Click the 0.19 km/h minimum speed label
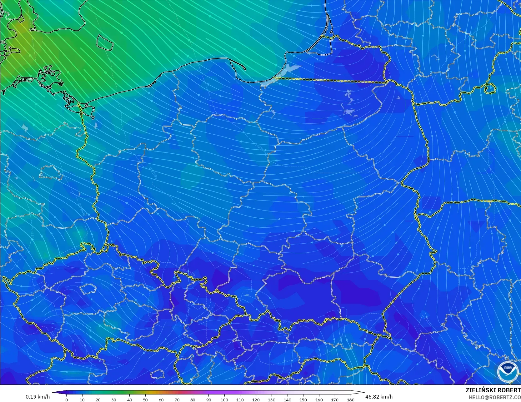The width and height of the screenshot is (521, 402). (38, 397)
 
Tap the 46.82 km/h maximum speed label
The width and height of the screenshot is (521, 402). (379, 397)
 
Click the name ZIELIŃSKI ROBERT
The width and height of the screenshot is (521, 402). (493, 390)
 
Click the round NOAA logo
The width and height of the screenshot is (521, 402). (508, 371)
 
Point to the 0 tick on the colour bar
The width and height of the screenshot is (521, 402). (67, 400)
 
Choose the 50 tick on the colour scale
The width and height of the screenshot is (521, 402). (145, 400)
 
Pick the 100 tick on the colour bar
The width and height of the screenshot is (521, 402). (224, 400)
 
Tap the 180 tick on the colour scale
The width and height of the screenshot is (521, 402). (351, 400)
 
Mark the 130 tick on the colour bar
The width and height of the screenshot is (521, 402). (272, 400)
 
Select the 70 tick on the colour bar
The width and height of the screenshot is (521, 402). (177, 400)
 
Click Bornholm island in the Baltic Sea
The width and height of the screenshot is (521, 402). (104, 42)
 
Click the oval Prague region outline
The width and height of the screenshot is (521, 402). (87, 289)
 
